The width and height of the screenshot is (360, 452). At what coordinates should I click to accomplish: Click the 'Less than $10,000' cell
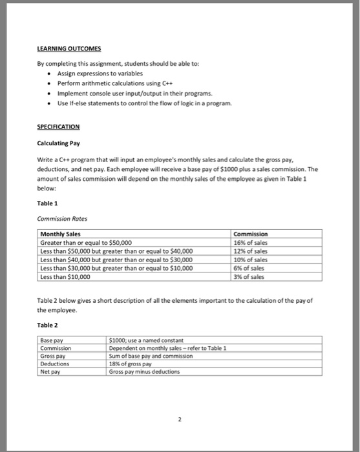[66, 276]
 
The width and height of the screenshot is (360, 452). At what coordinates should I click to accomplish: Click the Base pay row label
[51, 340]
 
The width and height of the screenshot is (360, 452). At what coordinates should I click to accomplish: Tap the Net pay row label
[50, 371]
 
